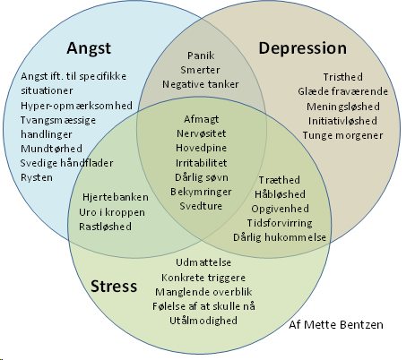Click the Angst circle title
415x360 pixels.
coord(89,48)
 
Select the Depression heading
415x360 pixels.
coord(303,48)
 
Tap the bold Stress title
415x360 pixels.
coord(114,286)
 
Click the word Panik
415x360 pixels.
coord(201,56)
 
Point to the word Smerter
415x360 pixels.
coord(200,70)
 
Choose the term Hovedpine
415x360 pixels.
coord(201,148)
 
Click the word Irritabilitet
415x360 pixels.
coord(201,163)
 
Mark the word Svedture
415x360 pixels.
coord(201,206)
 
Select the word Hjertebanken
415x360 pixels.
coord(116,197)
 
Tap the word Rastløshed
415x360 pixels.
coord(105,227)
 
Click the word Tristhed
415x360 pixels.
coord(343,77)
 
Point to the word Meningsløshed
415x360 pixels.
coord(343,107)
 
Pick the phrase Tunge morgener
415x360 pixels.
coord(342,135)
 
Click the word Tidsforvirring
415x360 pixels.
coord(280,223)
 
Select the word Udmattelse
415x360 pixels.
coord(203,262)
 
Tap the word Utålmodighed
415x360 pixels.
coord(203,321)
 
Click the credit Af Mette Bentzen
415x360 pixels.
coord(336,325)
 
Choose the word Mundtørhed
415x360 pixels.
coord(51,149)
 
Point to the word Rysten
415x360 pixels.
coord(37,177)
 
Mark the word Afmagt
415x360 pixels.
coord(201,119)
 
